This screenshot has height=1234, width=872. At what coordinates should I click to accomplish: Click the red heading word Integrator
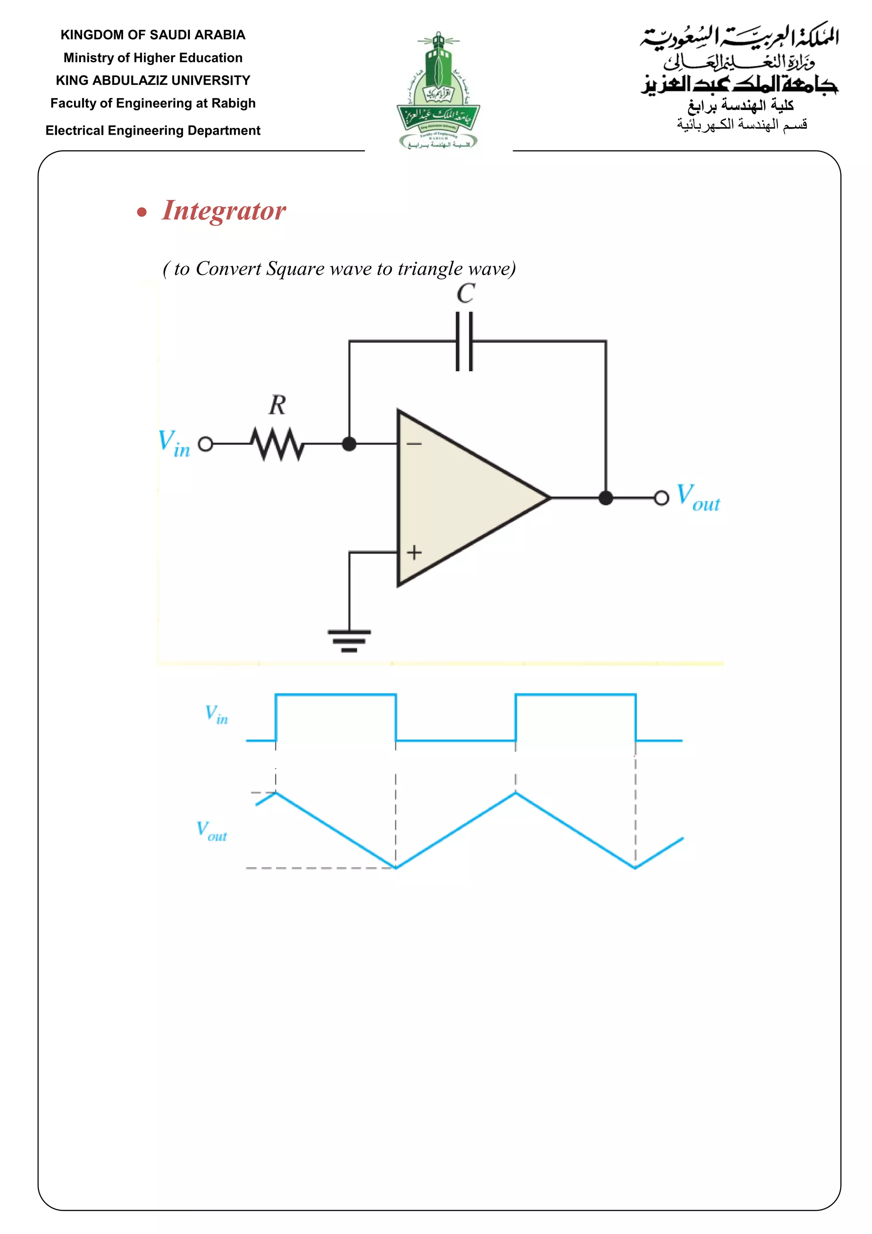pos(224,210)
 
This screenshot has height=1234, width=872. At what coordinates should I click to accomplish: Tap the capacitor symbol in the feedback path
pos(465,341)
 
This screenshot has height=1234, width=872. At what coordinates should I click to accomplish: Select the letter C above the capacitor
pos(465,294)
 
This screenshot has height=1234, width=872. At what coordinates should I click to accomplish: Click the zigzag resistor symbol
pos(278,444)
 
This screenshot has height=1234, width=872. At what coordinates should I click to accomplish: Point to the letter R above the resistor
pos(278,405)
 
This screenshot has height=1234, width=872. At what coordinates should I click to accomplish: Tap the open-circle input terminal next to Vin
pos(206,444)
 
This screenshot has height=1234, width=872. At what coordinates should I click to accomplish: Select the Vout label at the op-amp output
pos(697,497)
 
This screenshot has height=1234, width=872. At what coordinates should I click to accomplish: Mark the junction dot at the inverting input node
pos(349,444)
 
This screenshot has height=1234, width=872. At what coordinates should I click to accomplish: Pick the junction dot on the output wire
pos(606,498)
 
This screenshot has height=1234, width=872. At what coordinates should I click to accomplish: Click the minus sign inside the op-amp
pos(414,444)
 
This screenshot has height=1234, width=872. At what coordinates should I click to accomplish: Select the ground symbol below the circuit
pos(349,640)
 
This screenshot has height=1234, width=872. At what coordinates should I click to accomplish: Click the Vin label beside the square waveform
pos(216,715)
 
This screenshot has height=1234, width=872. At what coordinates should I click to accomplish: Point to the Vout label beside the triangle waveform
pos(212,831)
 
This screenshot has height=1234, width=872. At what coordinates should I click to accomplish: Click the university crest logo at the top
pos(438,90)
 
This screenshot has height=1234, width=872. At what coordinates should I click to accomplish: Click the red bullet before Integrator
pos(142,212)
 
